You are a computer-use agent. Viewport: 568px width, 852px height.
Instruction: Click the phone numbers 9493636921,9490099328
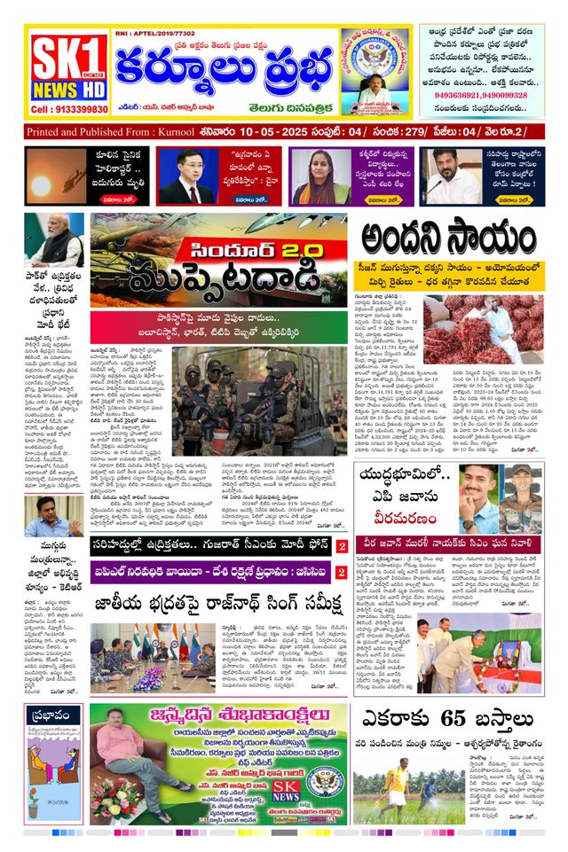pyautogui.click(x=480, y=95)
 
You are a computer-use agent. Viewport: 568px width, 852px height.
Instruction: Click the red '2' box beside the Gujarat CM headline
pyautogui.click(x=341, y=547)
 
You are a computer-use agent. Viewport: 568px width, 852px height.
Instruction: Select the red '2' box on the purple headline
pyautogui.click(x=341, y=575)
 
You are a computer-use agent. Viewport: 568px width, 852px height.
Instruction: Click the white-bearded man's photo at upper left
pyautogui.click(x=53, y=240)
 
